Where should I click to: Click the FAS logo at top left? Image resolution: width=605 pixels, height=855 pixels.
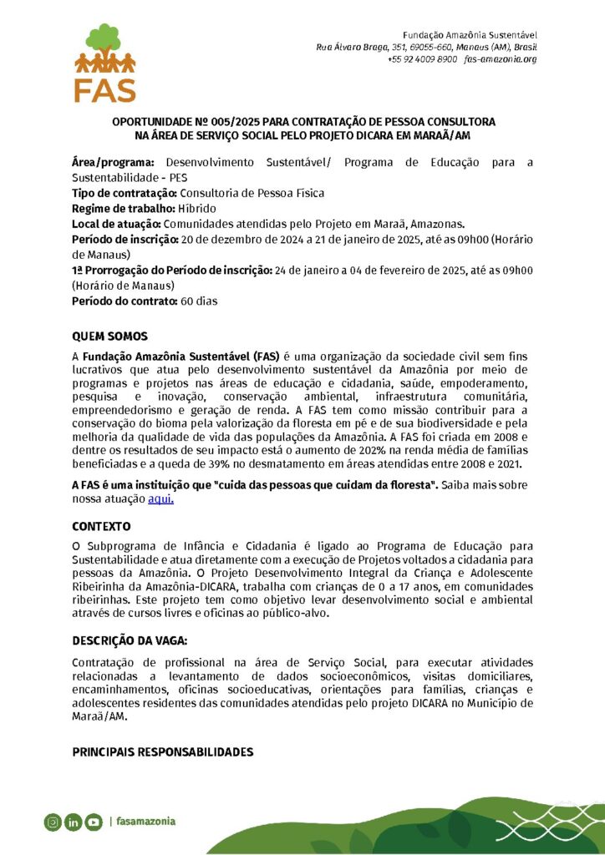click(x=104, y=63)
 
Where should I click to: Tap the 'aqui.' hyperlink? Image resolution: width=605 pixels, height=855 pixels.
click(x=160, y=499)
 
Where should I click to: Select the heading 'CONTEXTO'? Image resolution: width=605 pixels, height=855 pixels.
click(x=101, y=527)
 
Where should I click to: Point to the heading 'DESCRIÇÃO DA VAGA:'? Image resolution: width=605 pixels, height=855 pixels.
click(x=130, y=640)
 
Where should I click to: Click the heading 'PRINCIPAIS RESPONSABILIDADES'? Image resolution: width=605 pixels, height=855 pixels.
click(x=162, y=752)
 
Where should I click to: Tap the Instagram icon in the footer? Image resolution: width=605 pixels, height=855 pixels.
click(x=53, y=822)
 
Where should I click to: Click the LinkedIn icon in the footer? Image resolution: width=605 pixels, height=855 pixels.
click(x=73, y=822)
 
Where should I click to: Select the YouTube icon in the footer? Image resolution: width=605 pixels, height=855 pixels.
click(x=93, y=822)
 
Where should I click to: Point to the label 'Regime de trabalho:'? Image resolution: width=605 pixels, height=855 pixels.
click(x=123, y=208)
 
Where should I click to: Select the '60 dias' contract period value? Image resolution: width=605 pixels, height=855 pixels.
click(x=199, y=301)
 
